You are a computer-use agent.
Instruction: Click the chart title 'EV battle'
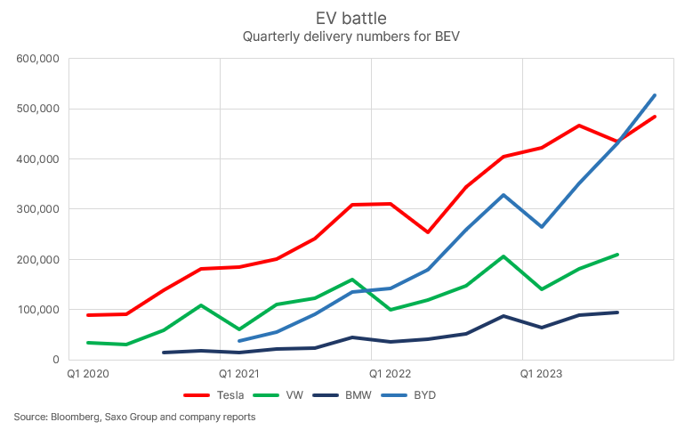coord(346,18)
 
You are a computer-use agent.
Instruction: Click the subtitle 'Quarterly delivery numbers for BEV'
coord(346,37)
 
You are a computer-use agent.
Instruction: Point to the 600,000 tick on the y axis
coord(37,60)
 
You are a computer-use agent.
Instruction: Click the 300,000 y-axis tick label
coord(37,209)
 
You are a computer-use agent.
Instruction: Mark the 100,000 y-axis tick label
coord(37,310)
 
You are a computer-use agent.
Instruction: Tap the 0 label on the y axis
coord(54,360)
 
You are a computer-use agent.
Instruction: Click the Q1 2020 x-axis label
coord(87,375)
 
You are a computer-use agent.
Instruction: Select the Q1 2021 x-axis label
coord(238,375)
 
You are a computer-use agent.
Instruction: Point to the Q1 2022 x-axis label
coord(390,375)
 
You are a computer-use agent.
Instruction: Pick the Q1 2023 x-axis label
coord(541,375)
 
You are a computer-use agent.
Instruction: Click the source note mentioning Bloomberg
coord(134,417)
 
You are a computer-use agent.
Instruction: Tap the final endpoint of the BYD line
coord(655,95)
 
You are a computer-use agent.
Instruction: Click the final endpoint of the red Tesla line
coord(655,117)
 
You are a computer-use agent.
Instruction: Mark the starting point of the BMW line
coord(163,353)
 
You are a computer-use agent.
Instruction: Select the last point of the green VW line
coord(616,255)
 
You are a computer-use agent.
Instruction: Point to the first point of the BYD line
coord(238,341)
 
